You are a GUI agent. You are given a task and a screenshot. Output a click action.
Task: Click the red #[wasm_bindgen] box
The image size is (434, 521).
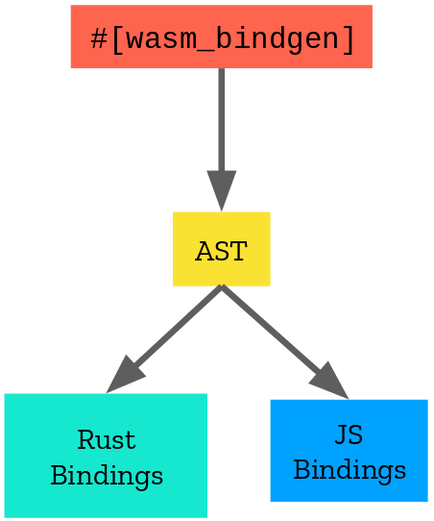(221, 37)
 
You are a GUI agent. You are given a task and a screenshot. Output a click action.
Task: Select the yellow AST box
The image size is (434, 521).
(221, 249)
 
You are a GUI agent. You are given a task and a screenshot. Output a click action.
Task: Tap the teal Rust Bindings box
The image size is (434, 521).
(106, 456)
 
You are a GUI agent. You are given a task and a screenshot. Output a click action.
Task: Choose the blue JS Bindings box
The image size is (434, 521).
(350, 450)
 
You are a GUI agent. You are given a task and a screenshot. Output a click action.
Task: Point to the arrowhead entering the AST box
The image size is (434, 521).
(221, 190)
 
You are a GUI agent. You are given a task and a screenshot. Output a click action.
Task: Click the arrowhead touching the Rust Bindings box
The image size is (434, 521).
(125, 376)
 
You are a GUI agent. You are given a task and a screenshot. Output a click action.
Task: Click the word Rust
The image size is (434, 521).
(107, 440)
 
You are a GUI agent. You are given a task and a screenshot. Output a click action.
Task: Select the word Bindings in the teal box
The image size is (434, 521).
(107, 476)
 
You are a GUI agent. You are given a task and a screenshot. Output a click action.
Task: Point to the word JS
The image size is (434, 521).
(349, 434)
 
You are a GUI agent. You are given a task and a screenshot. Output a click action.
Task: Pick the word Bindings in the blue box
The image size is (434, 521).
(350, 470)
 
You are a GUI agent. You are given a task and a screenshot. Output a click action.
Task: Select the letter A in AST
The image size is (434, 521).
(205, 251)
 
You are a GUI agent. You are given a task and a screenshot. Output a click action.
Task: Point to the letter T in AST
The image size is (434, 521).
(238, 251)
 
